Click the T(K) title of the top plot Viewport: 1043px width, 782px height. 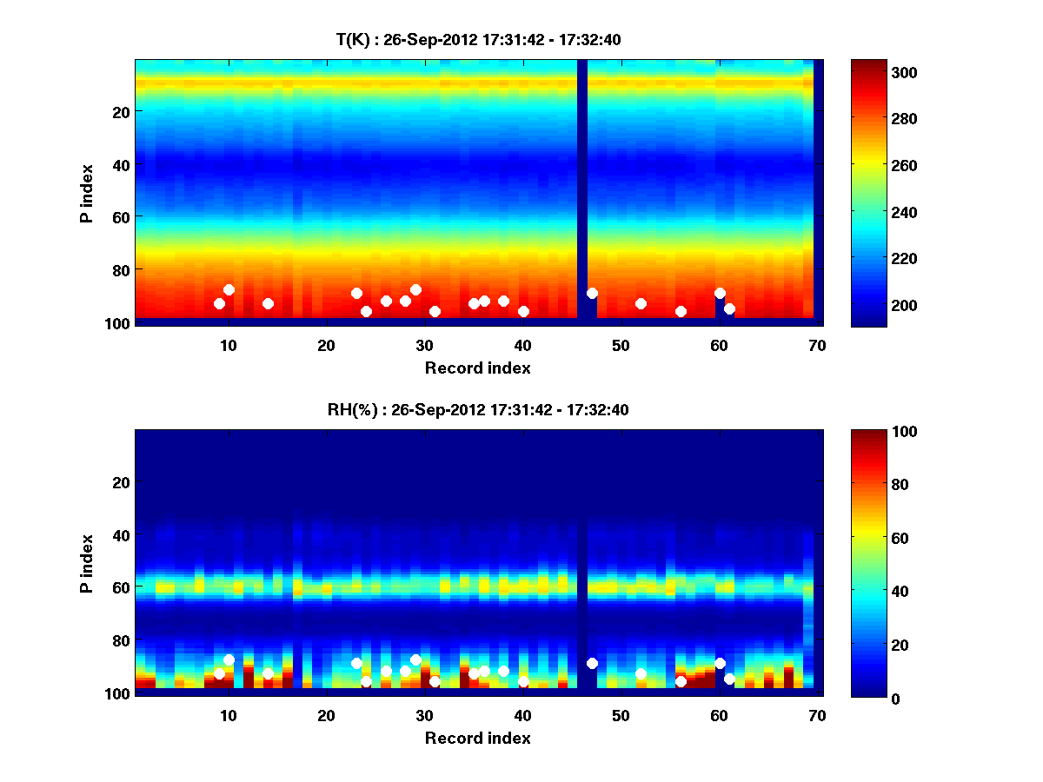(477, 39)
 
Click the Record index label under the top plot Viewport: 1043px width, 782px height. (477, 368)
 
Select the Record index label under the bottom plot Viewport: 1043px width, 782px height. (477, 738)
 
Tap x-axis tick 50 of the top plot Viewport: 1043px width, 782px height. (621, 345)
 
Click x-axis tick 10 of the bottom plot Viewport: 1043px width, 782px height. (228, 715)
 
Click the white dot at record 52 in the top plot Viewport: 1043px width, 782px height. (641, 303)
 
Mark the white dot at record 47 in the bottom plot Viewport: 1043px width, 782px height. (592, 663)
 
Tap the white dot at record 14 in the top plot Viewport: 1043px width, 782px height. (268, 303)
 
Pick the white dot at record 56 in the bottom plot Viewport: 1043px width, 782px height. (681, 681)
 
